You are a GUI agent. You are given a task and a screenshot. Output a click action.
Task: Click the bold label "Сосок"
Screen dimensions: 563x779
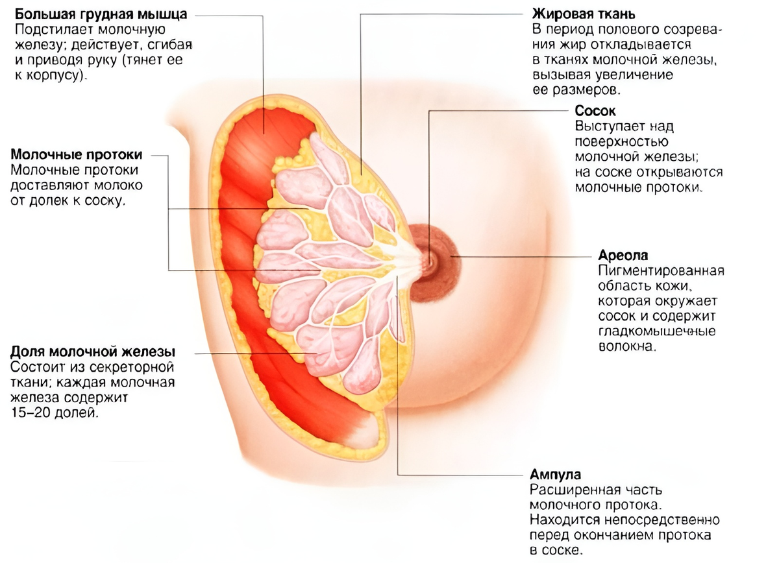[x=595, y=112]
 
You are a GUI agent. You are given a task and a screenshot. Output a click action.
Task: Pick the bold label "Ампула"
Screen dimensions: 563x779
[x=554, y=474]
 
